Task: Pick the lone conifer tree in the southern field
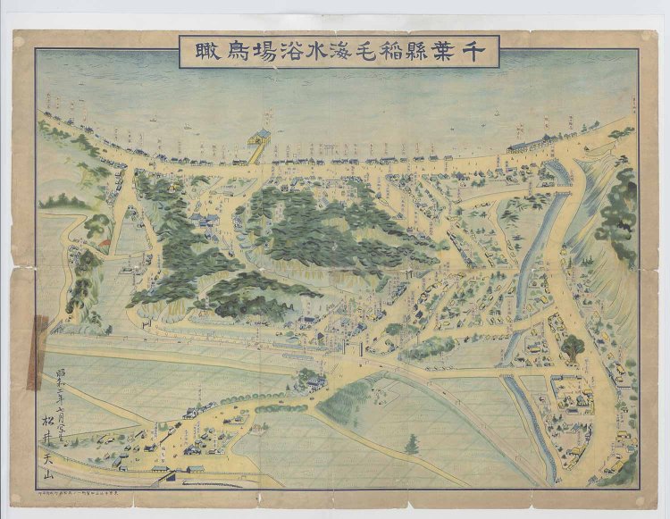[411, 443]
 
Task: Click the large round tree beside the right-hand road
[573, 346]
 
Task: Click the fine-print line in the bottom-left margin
[89, 492]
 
